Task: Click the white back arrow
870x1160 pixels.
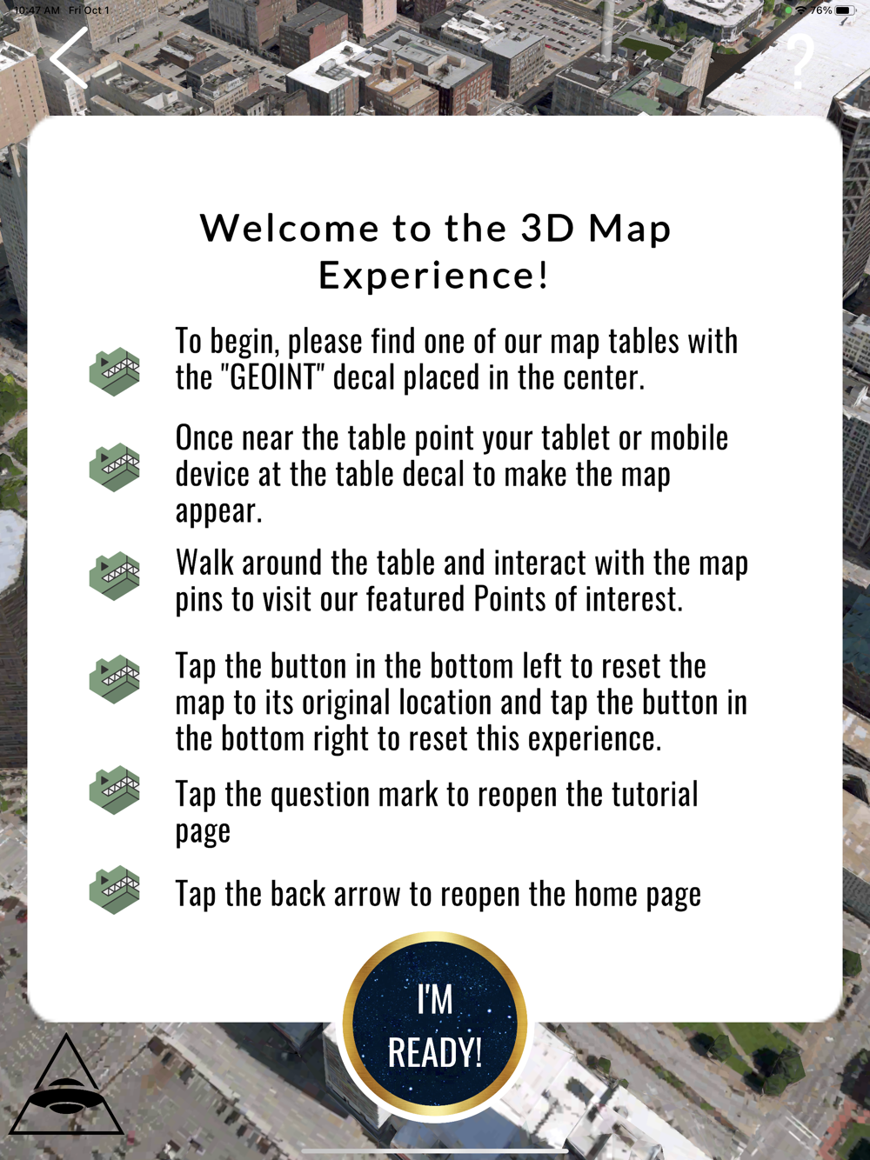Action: (69, 58)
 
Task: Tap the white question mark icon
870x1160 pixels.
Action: (800, 62)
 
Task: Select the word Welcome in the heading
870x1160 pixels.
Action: (290, 229)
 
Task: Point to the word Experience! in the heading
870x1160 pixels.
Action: (434, 276)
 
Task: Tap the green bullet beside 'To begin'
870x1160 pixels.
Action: (115, 371)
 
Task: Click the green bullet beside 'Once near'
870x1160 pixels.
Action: (115, 467)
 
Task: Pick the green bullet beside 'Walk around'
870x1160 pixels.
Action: (115, 576)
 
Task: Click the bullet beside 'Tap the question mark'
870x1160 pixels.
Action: (115, 790)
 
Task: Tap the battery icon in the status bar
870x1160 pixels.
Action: (845, 10)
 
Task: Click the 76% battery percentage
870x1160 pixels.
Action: (820, 10)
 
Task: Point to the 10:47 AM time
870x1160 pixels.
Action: (37, 10)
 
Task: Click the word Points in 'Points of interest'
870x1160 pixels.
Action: (510, 600)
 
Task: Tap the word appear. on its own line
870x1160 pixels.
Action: (219, 511)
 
